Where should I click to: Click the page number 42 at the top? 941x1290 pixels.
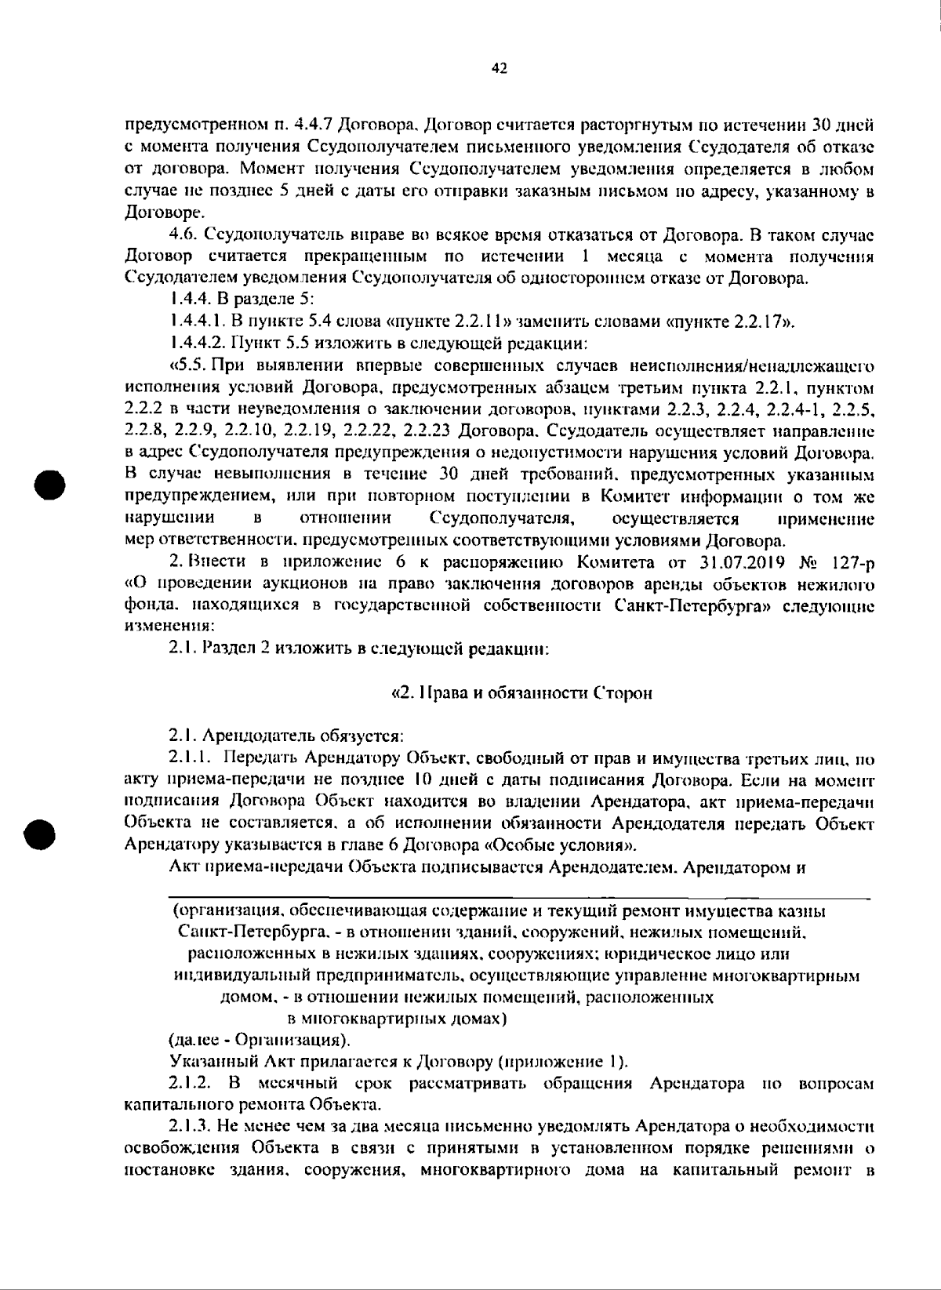point(499,69)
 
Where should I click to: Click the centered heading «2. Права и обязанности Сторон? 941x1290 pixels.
point(521,693)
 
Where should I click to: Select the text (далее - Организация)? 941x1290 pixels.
point(260,1041)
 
